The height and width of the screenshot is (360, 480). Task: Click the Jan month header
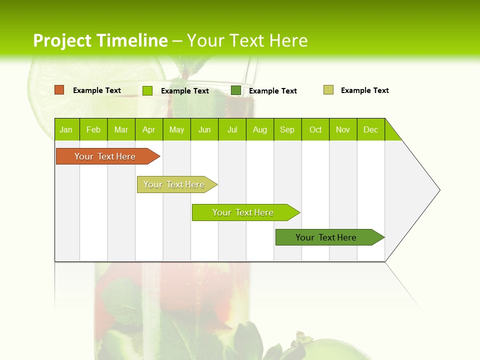(x=66, y=129)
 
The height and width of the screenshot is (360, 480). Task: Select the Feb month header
(x=93, y=129)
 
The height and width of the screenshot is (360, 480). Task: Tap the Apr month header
(x=149, y=129)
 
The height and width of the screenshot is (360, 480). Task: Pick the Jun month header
(x=204, y=129)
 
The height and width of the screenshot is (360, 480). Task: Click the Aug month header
(x=260, y=129)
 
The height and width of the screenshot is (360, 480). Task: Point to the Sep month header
(x=287, y=129)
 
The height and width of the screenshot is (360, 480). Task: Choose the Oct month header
(x=315, y=129)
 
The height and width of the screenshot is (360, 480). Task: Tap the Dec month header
(x=371, y=129)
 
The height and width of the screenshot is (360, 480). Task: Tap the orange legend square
(x=59, y=90)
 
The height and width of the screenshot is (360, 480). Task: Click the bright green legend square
(x=147, y=90)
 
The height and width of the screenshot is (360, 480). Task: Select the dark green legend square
(x=236, y=90)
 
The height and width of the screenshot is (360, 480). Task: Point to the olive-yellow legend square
(x=328, y=90)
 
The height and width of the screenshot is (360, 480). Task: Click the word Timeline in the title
(x=131, y=40)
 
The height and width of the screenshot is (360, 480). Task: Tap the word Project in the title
(x=62, y=40)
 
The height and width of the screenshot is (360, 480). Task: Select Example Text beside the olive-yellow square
(x=364, y=90)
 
